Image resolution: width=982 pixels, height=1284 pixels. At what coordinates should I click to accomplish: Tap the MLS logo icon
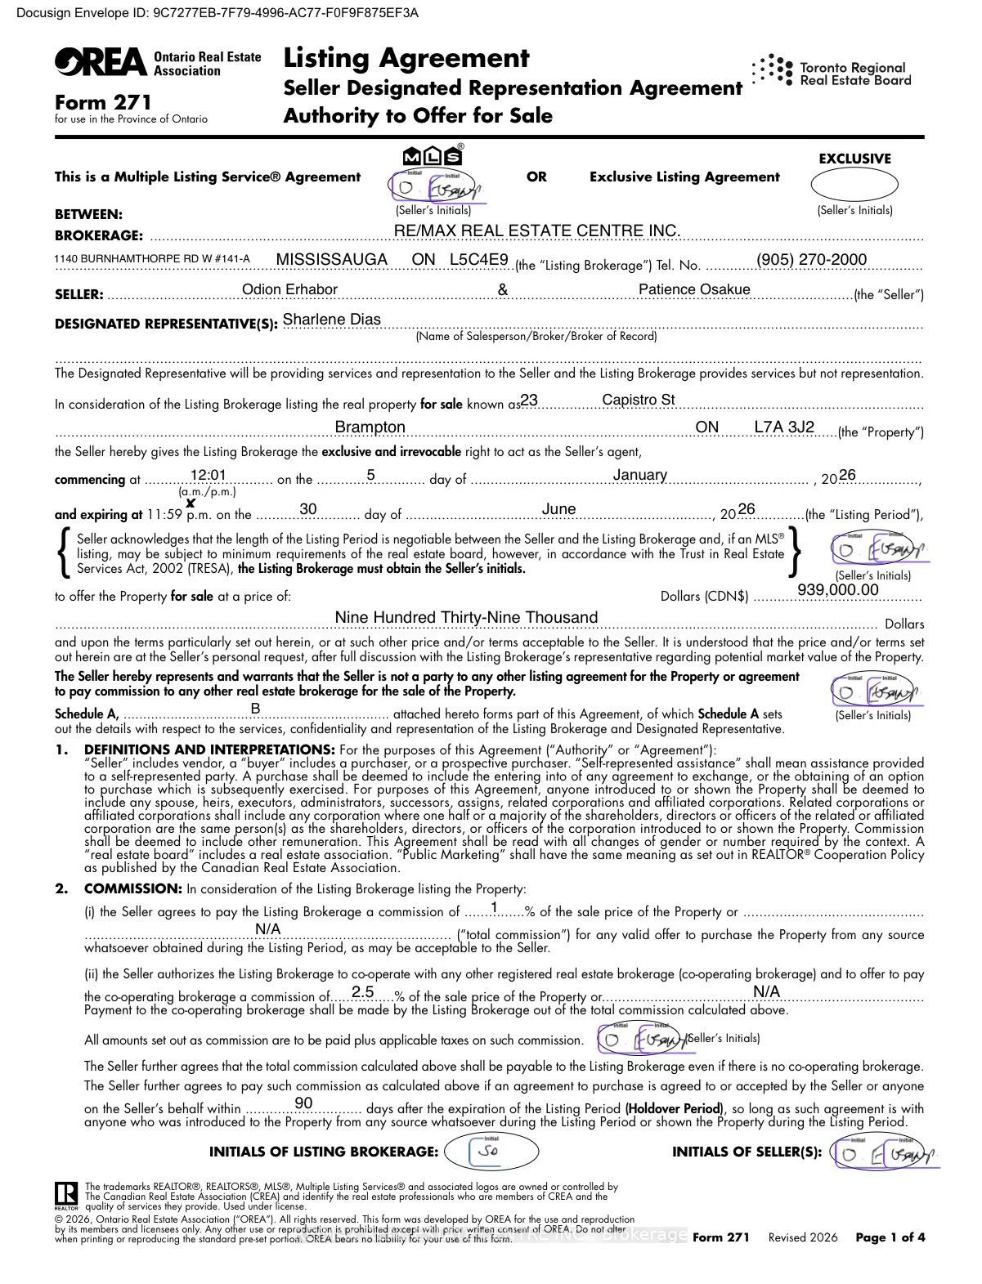click(x=433, y=156)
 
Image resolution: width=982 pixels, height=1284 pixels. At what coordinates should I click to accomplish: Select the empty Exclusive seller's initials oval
click(x=854, y=186)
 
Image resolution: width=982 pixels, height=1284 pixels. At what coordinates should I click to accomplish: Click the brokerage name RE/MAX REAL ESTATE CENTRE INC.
click(x=536, y=231)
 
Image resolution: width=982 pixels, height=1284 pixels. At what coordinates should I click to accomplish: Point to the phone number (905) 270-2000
click(x=811, y=260)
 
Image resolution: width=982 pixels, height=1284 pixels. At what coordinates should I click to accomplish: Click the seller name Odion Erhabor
click(x=289, y=289)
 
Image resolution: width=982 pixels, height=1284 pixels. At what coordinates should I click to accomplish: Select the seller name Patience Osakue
click(x=693, y=289)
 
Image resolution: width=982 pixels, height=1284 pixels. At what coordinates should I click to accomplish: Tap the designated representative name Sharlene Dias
click(x=331, y=320)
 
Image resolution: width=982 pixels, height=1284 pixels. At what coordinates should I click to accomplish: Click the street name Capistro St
click(x=638, y=400)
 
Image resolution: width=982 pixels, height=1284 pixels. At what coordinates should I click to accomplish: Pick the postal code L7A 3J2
click(x=783, y=427)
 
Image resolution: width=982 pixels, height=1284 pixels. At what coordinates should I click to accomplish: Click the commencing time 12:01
click(x=208, y=476)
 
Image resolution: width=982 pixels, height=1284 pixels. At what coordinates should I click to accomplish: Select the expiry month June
click(x=558, y=509)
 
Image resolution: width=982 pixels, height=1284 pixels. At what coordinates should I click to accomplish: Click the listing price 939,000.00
click(x=837, y=590)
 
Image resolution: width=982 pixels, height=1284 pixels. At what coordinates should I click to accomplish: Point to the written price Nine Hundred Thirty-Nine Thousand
click(x=466, y=617)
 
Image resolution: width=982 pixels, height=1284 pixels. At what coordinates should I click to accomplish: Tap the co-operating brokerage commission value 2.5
click(x=362, y=992)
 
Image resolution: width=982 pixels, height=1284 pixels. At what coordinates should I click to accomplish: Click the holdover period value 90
click(x=303, y=1103)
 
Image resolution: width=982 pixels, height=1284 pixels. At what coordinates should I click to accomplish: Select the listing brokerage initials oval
click(x=491, y=1152)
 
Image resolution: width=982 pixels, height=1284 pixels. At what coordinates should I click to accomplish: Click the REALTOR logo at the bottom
click(x=66, y=1195)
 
